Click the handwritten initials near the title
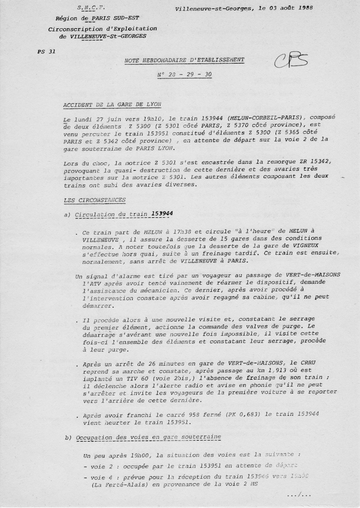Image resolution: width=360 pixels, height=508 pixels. [291, 62]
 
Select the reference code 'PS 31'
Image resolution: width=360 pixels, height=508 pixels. [46, 52]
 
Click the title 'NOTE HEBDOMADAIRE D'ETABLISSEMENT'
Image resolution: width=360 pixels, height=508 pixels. [184, 60]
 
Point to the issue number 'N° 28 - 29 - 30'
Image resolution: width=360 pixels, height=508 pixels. [184, 74]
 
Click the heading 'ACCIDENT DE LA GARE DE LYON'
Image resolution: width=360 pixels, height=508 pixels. [112, 105]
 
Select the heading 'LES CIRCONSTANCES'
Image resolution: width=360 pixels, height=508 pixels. [95, 200]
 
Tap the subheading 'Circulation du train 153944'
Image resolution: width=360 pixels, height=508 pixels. [124, 214]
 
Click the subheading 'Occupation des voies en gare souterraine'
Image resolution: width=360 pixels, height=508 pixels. [148, 437]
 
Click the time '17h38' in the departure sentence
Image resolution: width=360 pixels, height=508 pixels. [181, 232]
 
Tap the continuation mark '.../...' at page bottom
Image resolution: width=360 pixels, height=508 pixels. [299, 495]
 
